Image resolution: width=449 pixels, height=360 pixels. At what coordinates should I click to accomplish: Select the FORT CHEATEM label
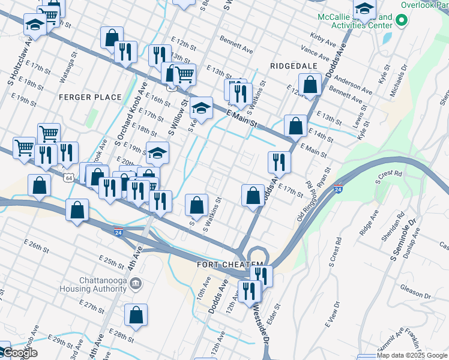click(x=230, y=265)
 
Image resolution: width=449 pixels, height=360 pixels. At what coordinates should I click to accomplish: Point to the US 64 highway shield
click(x=70, y=178)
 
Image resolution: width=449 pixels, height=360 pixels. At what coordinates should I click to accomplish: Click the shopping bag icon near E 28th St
click(x=136, y=316)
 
